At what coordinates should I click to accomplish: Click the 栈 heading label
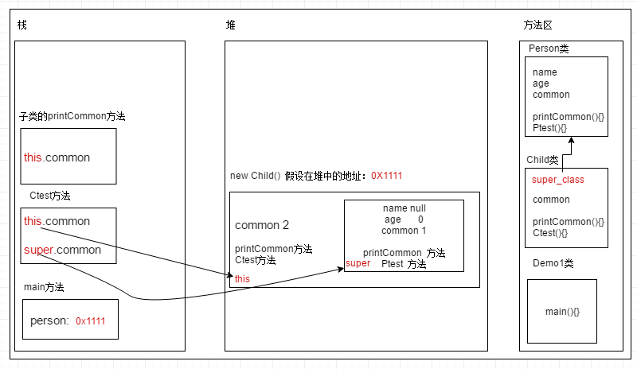coord(22,25)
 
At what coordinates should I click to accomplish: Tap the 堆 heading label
coord(231,25)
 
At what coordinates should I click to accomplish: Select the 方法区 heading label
coord(533,25)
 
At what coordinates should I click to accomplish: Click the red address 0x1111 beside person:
coord(91,321)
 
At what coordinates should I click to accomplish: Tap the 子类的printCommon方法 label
coord(72,116)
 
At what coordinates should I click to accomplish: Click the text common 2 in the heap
coord(263,225)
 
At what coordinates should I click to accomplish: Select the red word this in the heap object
coord(242,278)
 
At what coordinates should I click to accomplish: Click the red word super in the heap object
coord(358,263)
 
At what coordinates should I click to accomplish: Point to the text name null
coord(404,208)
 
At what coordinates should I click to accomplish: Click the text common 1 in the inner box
coord(404,231)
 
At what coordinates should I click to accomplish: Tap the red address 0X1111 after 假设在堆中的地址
coord(391,176)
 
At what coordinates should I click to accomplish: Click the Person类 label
coord(549,49)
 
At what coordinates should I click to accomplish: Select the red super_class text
coord(557,180)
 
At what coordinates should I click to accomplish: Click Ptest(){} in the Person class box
coord(549,128)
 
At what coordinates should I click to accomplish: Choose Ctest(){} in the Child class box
coord(550,233)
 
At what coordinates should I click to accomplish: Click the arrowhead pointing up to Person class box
coord(571,140)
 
